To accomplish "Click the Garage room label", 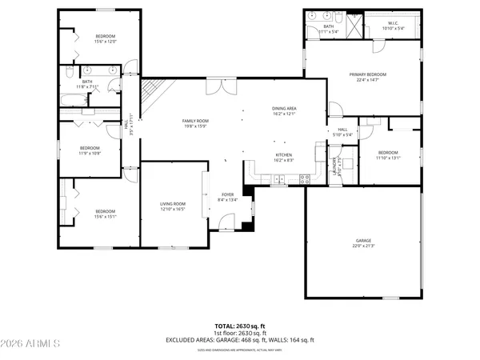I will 364,242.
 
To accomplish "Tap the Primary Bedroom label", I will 363,78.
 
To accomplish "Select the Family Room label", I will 196,122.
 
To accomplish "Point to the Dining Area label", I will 284,110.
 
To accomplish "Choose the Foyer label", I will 228,197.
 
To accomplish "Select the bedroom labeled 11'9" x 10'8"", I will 90,150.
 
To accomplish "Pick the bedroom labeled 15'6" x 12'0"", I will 106,38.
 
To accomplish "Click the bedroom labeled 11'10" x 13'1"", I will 388,154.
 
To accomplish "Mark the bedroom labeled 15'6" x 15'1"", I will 106,214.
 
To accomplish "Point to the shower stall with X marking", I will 354,22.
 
